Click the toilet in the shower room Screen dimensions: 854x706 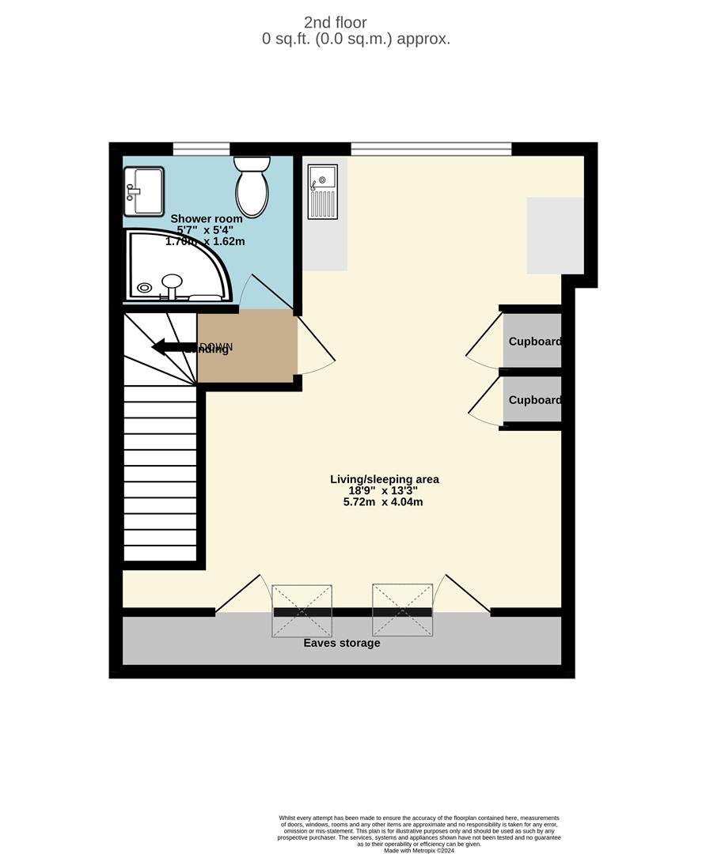pos(252,187)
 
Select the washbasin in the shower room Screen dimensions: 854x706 pos(143,191)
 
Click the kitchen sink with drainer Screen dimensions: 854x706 pos(322,191)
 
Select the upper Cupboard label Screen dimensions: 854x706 pos(534,342)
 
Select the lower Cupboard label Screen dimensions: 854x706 pos(534,400)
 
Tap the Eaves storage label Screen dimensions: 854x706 pos(342,643)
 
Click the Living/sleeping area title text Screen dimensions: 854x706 pos(384,479)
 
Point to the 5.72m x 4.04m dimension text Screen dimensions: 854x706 pos(384,501)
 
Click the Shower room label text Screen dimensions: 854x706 pos(207,218)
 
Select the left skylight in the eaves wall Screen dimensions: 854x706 pos(302,610)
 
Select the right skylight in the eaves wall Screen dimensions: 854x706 pos(402,610)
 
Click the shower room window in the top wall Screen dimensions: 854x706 pos(201,148)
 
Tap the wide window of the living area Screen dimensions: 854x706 pos(431,148)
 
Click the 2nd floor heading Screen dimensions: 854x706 pos(335,23)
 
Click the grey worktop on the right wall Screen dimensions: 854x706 pos(555,236)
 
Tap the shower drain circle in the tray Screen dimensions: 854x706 pos(144,288)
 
